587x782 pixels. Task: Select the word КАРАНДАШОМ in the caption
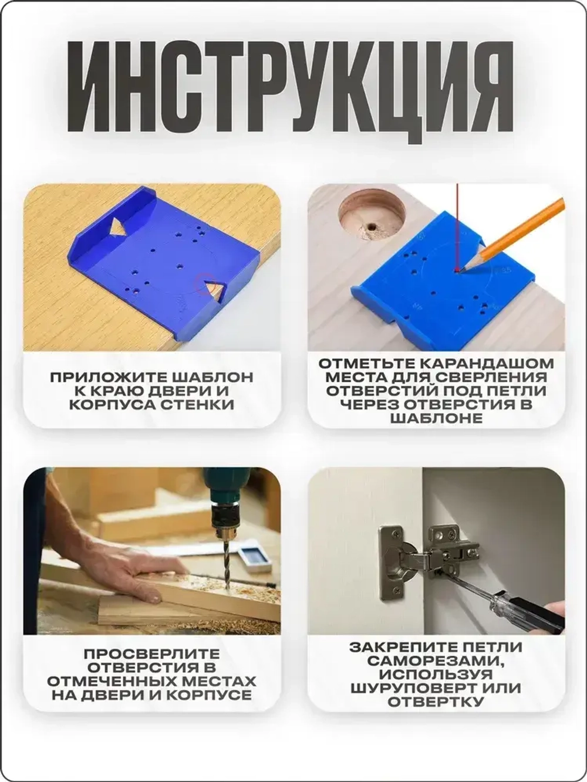[492, 364]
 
